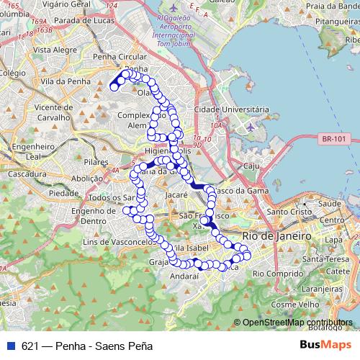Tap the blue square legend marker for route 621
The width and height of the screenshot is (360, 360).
[10, 346]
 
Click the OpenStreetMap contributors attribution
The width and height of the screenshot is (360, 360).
[297, 323]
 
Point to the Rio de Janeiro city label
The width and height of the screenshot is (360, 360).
[277, 235]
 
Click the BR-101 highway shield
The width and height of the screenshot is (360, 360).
[335, 139]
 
